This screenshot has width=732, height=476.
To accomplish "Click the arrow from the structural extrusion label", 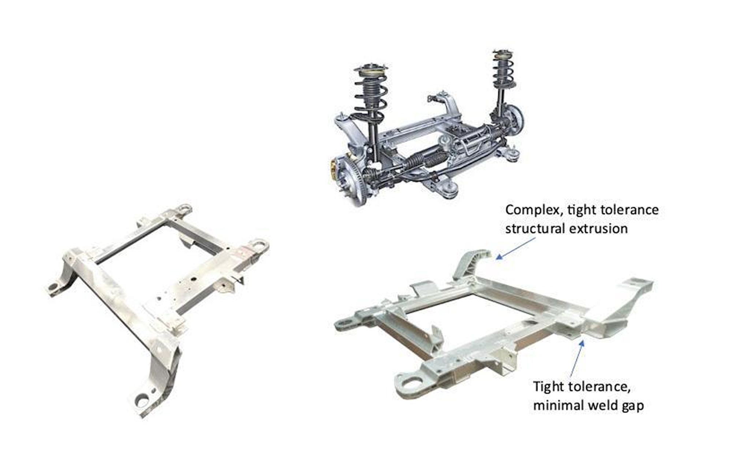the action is click(x=515, y=248).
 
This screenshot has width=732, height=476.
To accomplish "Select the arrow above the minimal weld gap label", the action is click(x=577, y=359).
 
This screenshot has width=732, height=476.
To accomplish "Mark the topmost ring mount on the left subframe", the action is click(x=184, y=209).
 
